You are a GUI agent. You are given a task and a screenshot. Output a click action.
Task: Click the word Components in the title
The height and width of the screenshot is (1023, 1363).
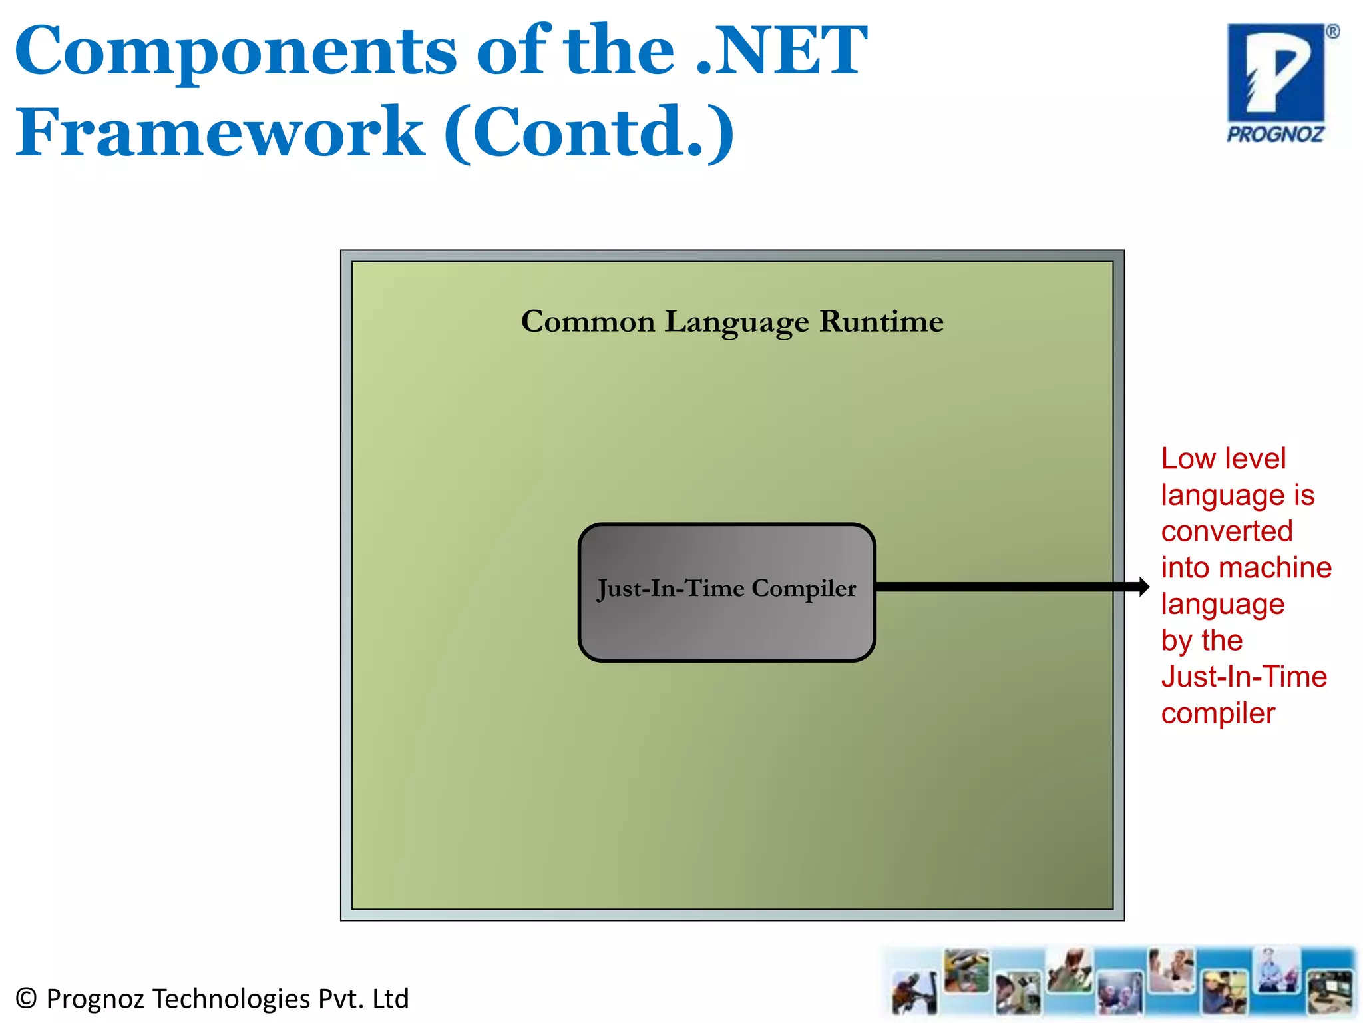click(x=236, y=52)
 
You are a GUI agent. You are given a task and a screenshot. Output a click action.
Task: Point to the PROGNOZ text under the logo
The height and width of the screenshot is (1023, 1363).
click(x=1275, y=135)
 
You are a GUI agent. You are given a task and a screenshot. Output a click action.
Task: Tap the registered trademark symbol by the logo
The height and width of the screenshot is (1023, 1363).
click(x=1332, y=31)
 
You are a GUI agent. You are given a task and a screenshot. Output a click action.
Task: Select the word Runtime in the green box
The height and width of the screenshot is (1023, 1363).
click(x=881, y=322)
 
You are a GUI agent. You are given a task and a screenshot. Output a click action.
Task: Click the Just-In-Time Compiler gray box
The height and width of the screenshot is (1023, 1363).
click(x=727, y=592)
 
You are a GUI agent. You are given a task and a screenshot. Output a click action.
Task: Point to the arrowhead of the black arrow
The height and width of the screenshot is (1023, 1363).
click(x=1143, y=587)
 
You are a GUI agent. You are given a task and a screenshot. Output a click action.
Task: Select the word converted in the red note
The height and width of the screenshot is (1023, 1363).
click(x=1227, y=531)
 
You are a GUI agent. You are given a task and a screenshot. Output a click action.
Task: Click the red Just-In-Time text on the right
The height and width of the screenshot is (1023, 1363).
click(x=1244, y=677)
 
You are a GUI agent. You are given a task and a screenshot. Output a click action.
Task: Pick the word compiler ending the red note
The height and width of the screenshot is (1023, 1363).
click(x=1218, y=714)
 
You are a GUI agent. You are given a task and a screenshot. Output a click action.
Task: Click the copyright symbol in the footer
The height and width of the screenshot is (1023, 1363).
click(x=26, y=998)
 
